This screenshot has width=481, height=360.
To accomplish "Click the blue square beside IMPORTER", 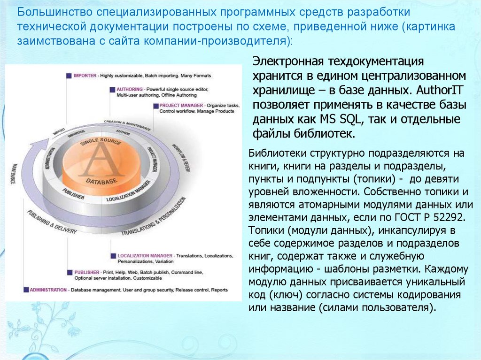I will (69, 75).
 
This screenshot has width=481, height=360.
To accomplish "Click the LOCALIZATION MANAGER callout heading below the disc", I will (146, 256).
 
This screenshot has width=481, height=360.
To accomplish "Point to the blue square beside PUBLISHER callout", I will (69, 272).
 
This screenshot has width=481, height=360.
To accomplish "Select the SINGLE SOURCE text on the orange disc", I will (101, 141).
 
